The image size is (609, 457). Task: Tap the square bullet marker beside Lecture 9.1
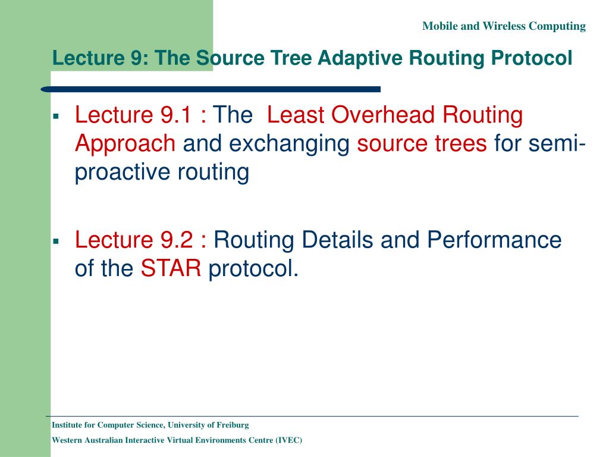pos(56,115)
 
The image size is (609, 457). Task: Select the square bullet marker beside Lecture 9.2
pos(56,241)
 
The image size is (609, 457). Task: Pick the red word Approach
pos(125,143)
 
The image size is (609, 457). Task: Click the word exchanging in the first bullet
pos(290,143)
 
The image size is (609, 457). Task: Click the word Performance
pos(494,240)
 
